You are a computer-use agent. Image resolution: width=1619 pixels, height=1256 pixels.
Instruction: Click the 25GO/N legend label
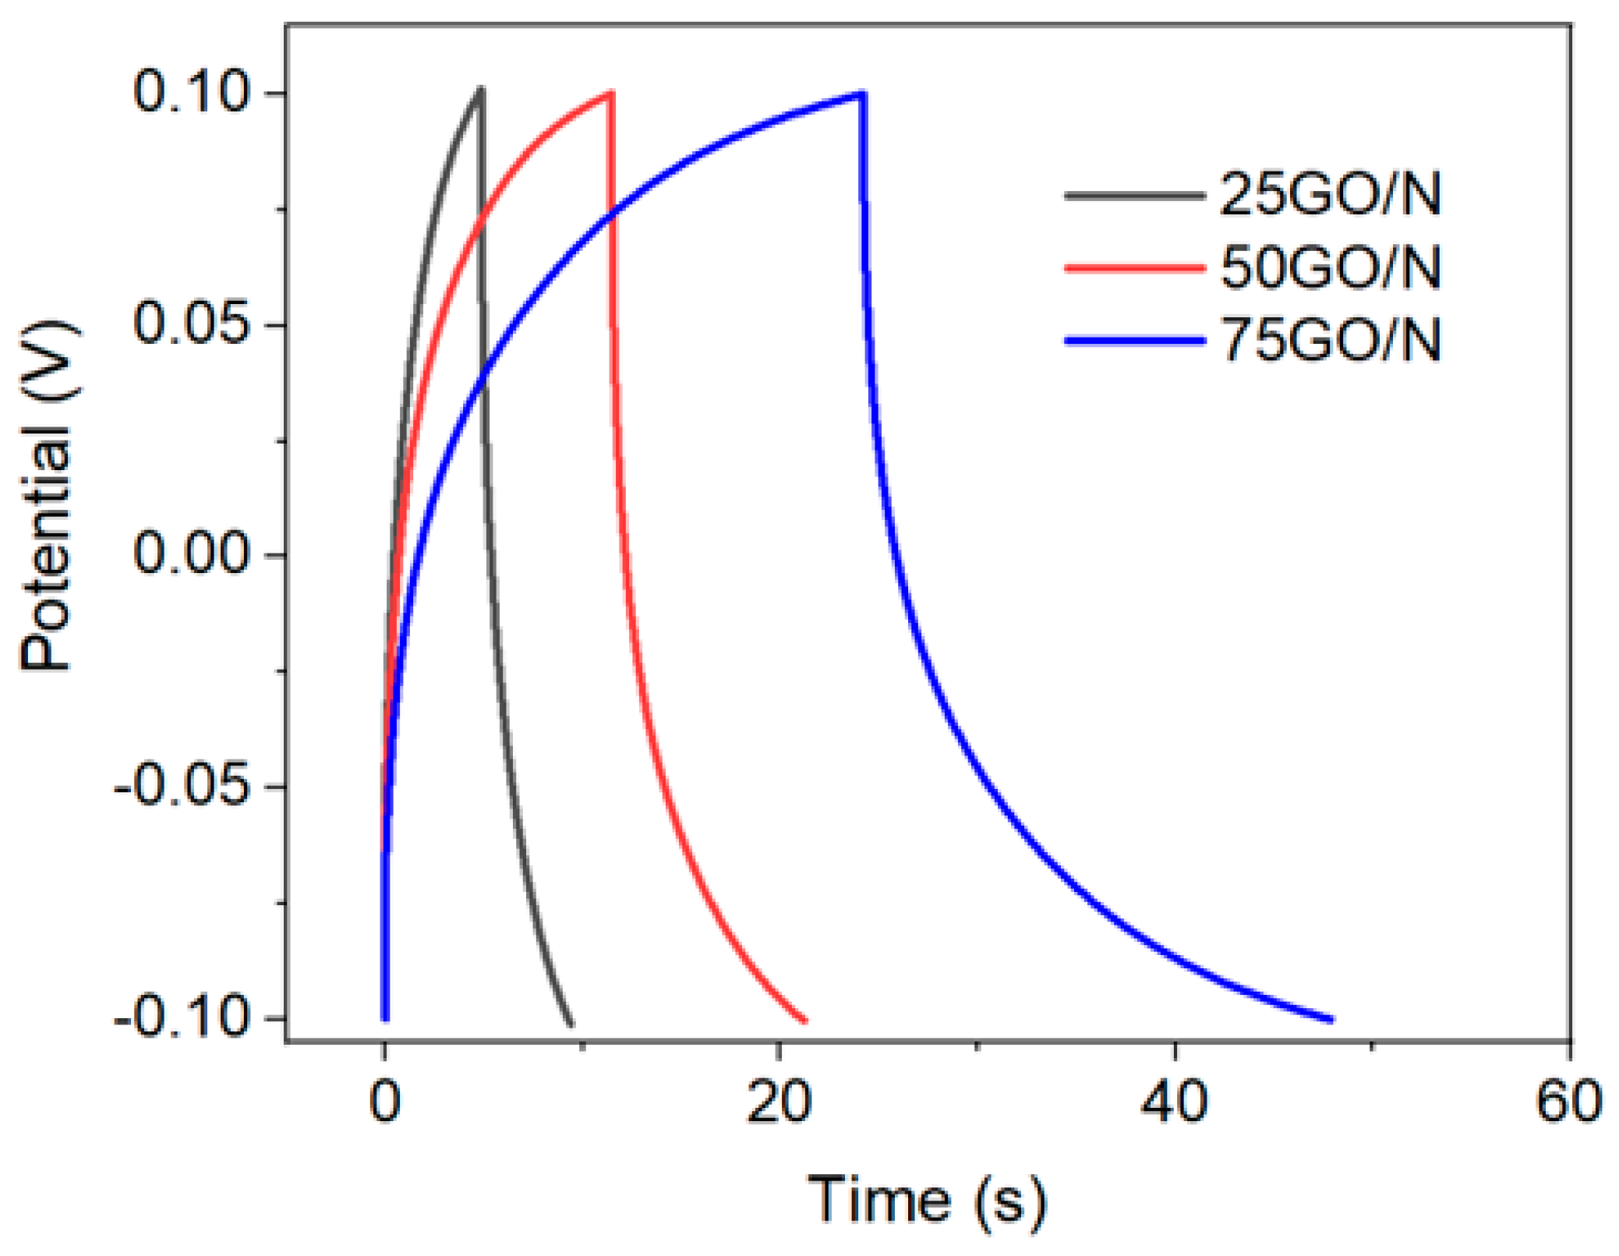[x=1330, y=194]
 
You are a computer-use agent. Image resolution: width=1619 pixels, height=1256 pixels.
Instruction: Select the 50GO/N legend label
[x=1330, y=267]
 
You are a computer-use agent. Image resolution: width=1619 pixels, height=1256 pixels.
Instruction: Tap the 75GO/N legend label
[x=1330, y=340]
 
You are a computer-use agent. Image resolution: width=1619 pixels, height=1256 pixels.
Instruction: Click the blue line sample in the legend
[x=1134, y=341]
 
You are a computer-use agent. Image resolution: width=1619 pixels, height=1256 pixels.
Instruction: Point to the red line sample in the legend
[x=1134, y=267]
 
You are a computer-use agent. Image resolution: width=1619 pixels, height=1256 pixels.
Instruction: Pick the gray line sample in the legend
[x=1134, y=195]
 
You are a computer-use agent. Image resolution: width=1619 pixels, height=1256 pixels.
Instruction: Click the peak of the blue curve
[x=862, y=94]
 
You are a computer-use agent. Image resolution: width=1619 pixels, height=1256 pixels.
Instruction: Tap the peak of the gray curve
[x=481, y=89]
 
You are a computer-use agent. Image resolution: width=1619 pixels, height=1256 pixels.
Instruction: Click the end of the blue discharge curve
[x=1331, y=1019]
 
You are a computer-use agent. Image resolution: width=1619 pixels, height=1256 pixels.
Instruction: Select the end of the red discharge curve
[x=805, y=1020]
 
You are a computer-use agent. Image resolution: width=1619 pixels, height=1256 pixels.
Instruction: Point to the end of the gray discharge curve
[x=571, y=1024]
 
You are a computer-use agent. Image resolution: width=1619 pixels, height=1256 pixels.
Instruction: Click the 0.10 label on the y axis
[x=191, y=92]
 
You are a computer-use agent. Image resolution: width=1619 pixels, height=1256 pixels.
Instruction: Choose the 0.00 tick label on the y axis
[x=191, y=553]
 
